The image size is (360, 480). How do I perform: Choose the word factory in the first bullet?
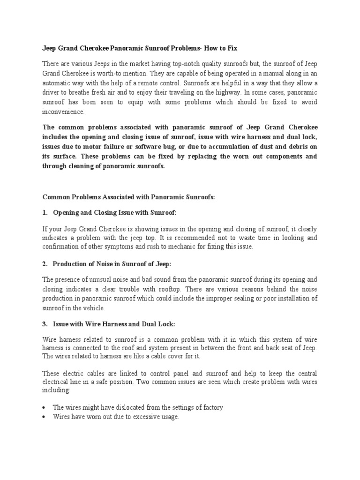211,407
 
